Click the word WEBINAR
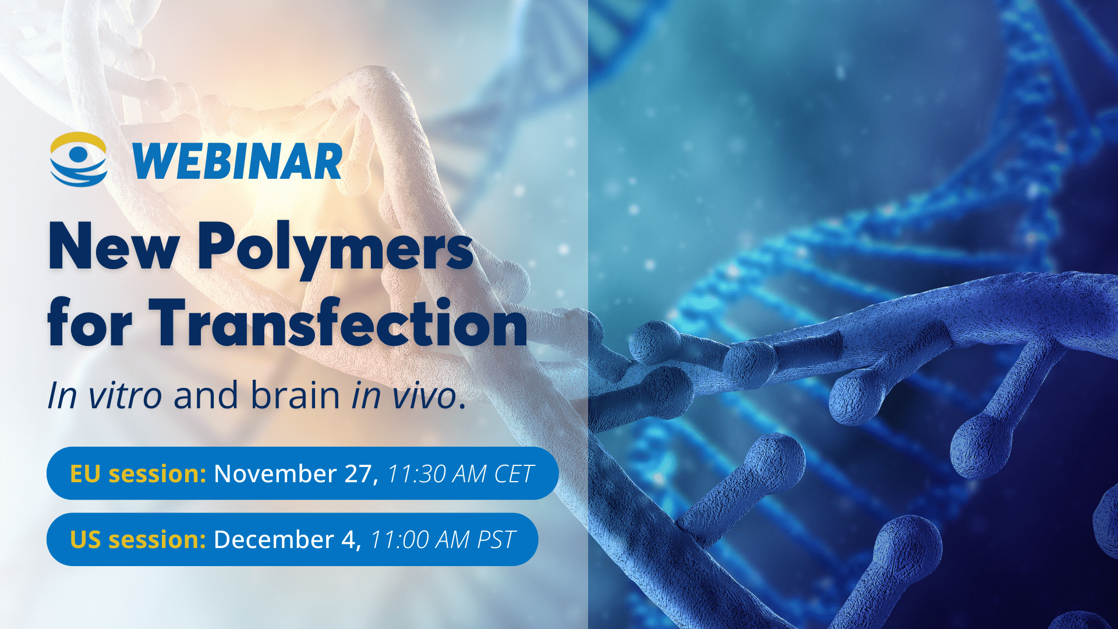238,161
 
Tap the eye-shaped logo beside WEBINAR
79,159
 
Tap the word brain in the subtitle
295,395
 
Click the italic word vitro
125,395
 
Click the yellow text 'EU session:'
138,473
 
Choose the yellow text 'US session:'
138,539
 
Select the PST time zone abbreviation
496,539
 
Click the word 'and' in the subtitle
206,395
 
